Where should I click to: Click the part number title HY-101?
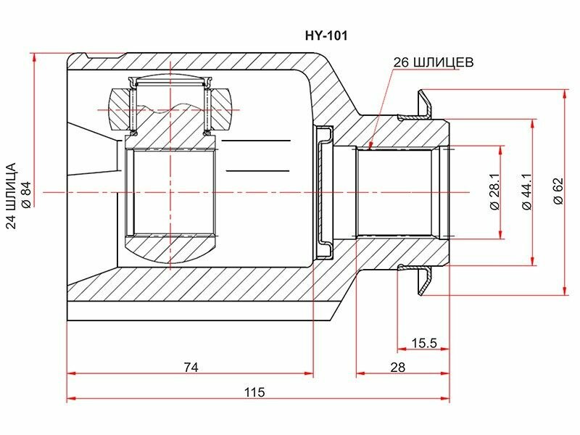tap(326, 36)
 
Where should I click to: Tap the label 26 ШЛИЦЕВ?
tap(433, 62)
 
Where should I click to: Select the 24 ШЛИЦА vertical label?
tap(12, 196)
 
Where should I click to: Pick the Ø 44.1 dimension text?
tap(527, 192)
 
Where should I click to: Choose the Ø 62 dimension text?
tap(558, 191)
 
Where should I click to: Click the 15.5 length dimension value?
tap(424, 343)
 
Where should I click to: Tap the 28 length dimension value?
tap(397, 368)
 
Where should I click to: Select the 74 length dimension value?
tap(191, 368)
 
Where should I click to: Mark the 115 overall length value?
tap(254, 391)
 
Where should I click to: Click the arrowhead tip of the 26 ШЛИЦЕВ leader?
tap(370, 149)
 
